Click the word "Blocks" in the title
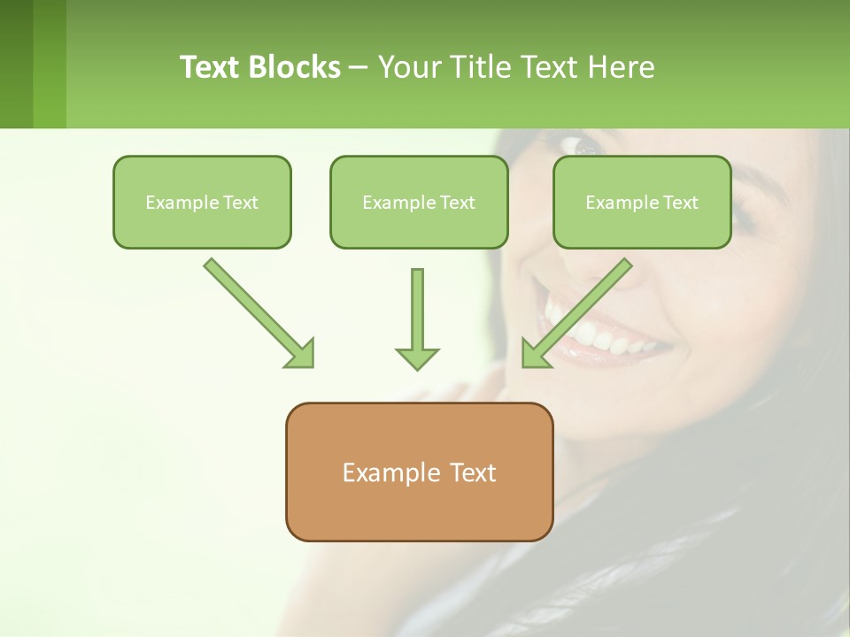click(x=295, y=67)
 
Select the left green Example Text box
click(x=202, y=202)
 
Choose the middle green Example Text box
click(x=419, y=202)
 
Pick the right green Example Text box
click(x=642, y=202)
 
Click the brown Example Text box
click(x=419, y=472)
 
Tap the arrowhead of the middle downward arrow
click(x=417, y=357)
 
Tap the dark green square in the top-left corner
click(x=16, y=64)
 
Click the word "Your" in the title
click(x=409, y=67)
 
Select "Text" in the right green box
click(x=681, y=203)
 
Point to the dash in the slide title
click(x=359, y=67)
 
